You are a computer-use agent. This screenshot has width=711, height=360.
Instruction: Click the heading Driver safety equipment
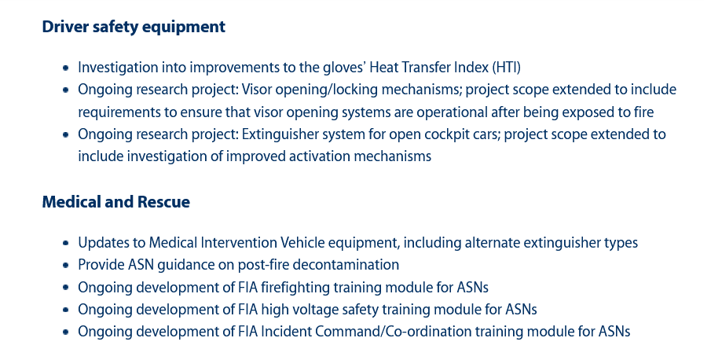(134, 27)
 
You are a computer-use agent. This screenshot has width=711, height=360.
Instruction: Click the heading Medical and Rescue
(116, 202)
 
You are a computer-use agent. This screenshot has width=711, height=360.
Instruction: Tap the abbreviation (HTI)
(506, 68)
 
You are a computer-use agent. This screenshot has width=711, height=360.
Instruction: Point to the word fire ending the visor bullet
(643, 112)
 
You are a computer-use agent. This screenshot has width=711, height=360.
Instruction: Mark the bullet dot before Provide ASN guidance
(66, 265)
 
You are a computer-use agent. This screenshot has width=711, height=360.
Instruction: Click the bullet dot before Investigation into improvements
(66, 68)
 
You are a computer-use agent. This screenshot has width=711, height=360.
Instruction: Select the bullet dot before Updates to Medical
(66, 243)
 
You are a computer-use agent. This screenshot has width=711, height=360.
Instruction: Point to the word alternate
(493, 243)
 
